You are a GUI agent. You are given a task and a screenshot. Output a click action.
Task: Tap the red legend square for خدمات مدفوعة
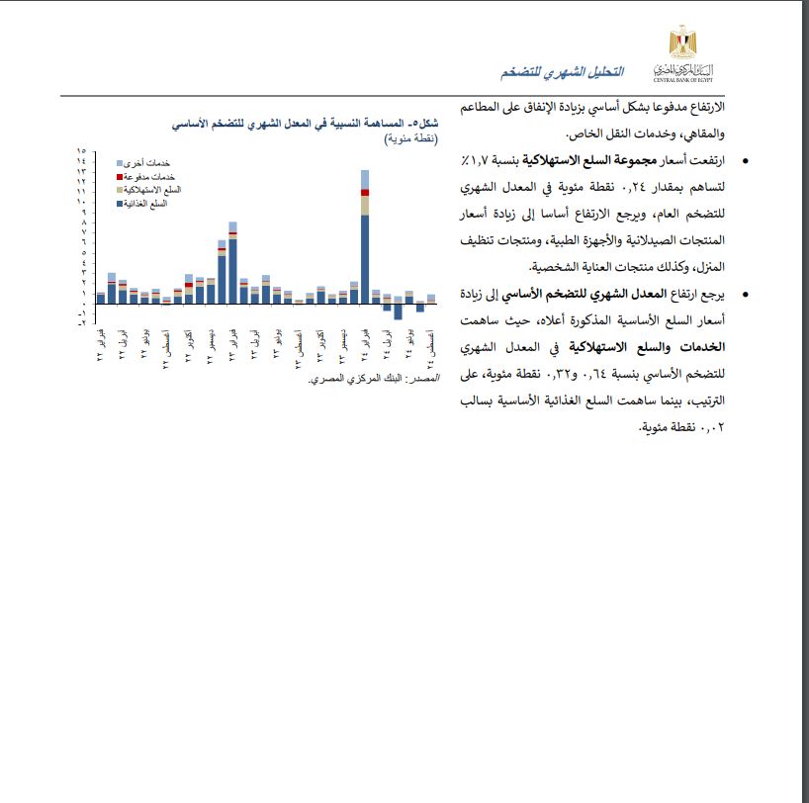pyautogui.click(x=120, y=175)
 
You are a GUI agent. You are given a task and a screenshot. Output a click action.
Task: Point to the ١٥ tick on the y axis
pyautogui.click(x=81, y=150)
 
